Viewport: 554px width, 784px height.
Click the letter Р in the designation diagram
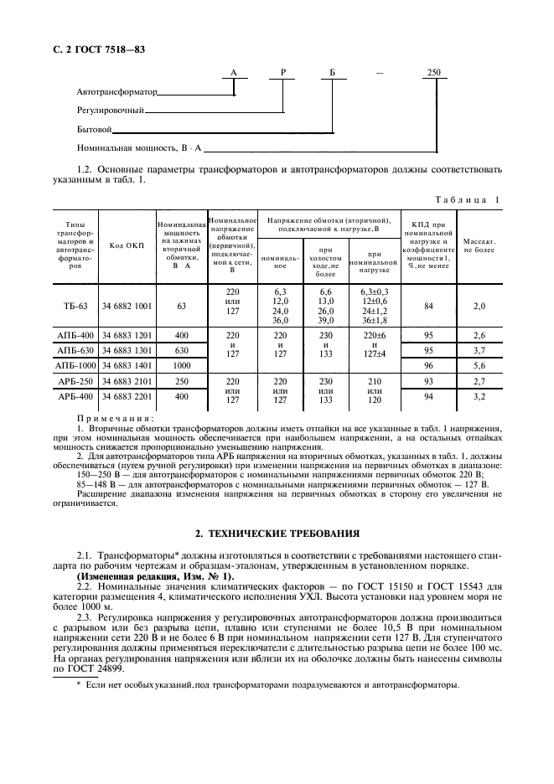283,74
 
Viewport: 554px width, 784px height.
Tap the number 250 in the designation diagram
433,74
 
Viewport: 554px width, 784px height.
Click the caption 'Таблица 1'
469,199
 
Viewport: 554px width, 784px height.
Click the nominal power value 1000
181,365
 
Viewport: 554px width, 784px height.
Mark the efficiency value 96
428,365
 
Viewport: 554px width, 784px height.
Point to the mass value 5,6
479,365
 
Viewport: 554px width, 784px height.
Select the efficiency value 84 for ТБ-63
428,307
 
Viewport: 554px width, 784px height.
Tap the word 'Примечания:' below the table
116,416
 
